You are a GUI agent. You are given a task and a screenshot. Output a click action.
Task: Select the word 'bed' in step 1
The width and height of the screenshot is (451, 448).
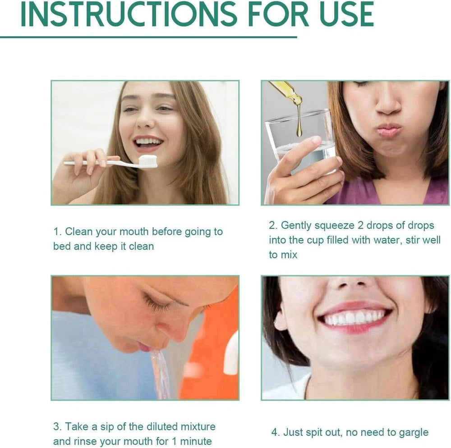pyautogui.click(x=62, y=247)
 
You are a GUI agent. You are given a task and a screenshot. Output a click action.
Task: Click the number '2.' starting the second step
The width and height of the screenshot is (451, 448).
pyautogui.click(x=273, y=225)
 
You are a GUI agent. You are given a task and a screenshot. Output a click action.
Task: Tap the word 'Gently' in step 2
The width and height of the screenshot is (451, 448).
pyautogui.click(x=297, y=225)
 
